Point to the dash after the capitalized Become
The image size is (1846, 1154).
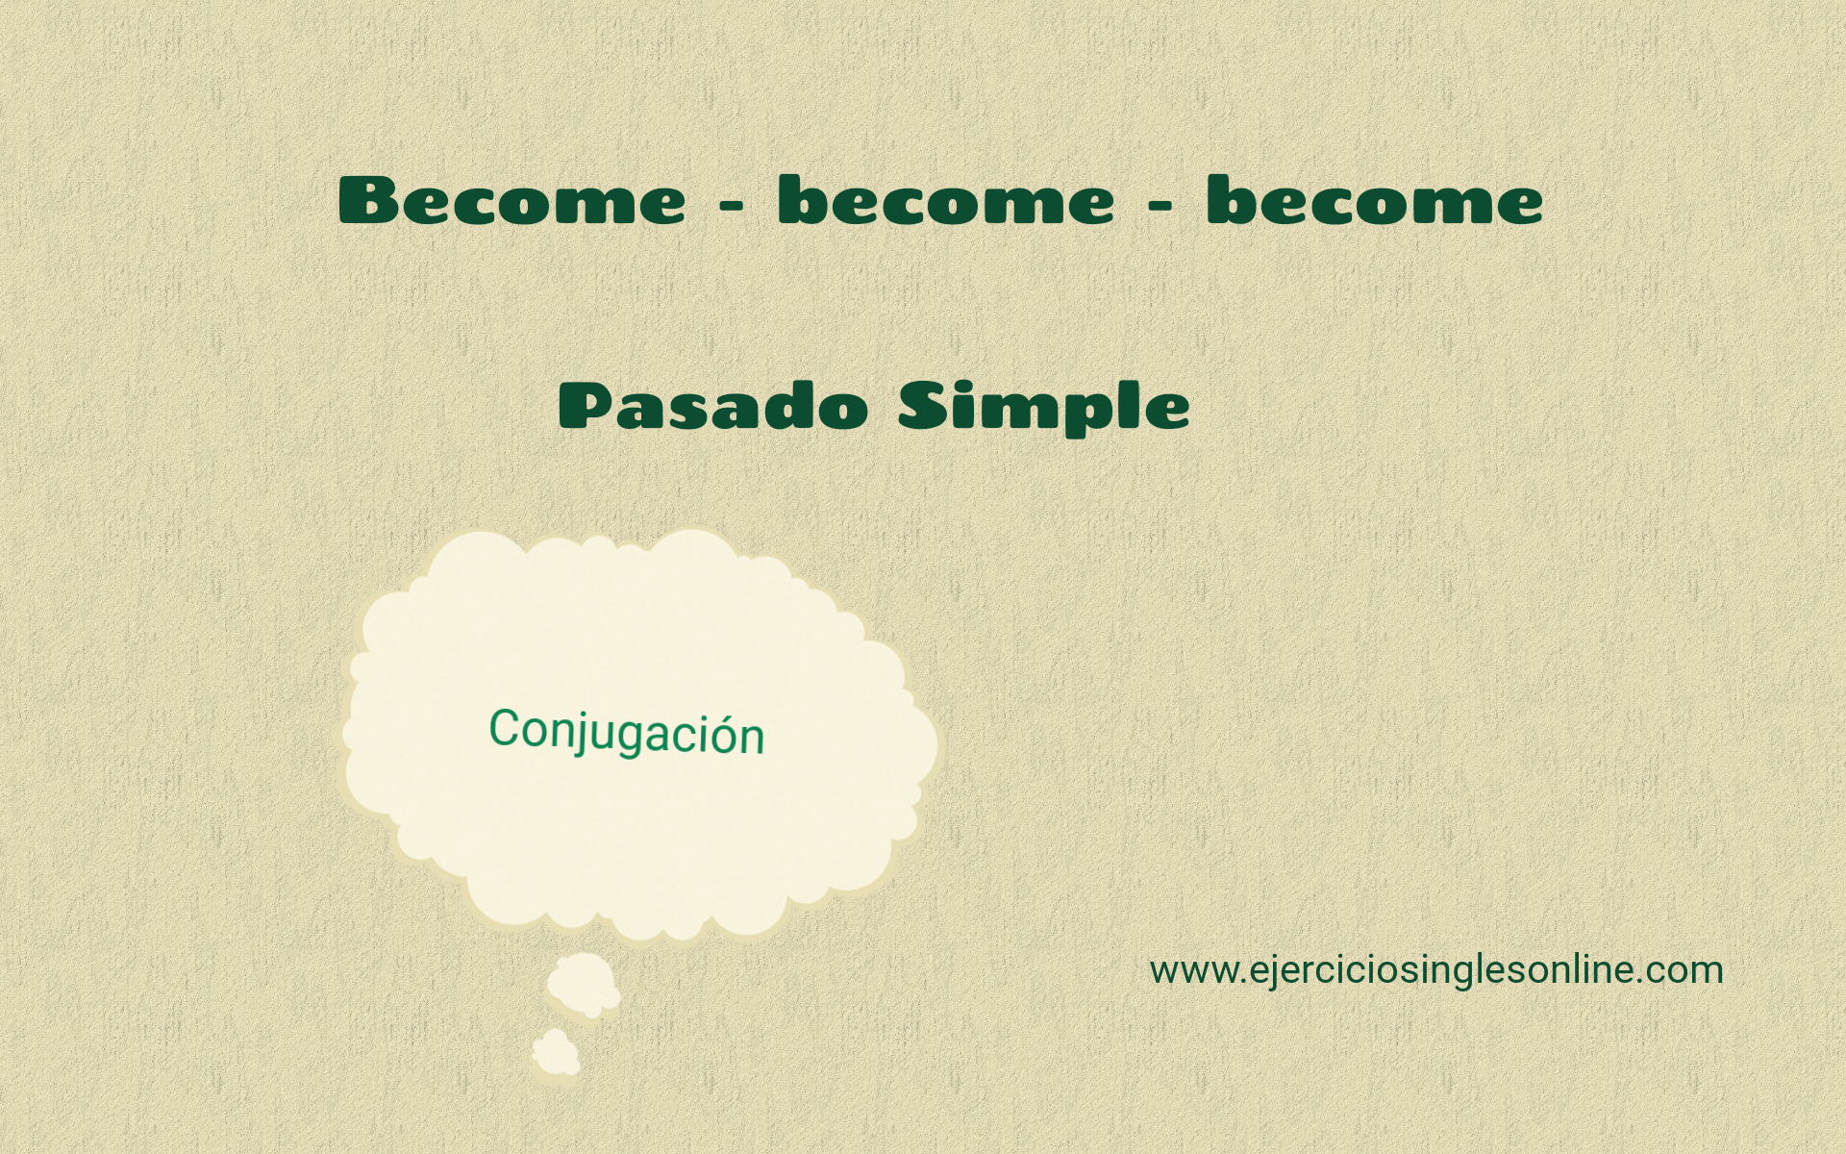click(732, 206)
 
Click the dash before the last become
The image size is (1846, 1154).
click(1160, 206)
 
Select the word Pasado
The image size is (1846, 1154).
click(713, 405)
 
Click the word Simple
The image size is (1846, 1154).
click(1044, 408)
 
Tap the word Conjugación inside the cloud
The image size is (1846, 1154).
click(627, 733)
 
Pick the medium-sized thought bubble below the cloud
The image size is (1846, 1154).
click(584, 985)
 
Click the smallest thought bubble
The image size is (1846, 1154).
click(556, 1052)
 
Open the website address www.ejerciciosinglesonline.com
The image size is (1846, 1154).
click(1436, 970)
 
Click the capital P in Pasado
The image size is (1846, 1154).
click(586, 405)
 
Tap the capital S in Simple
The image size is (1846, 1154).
click(923, 405)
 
